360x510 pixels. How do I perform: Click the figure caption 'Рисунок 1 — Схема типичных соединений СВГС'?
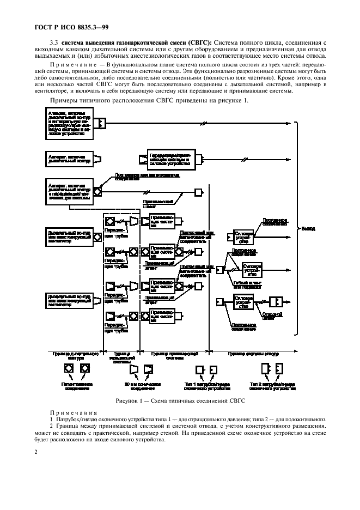(180, 401)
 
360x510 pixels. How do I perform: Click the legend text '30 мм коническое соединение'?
(140, 386)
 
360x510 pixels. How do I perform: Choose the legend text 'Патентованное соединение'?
(77, 386)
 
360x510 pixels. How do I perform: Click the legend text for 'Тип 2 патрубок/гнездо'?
(273, 386)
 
